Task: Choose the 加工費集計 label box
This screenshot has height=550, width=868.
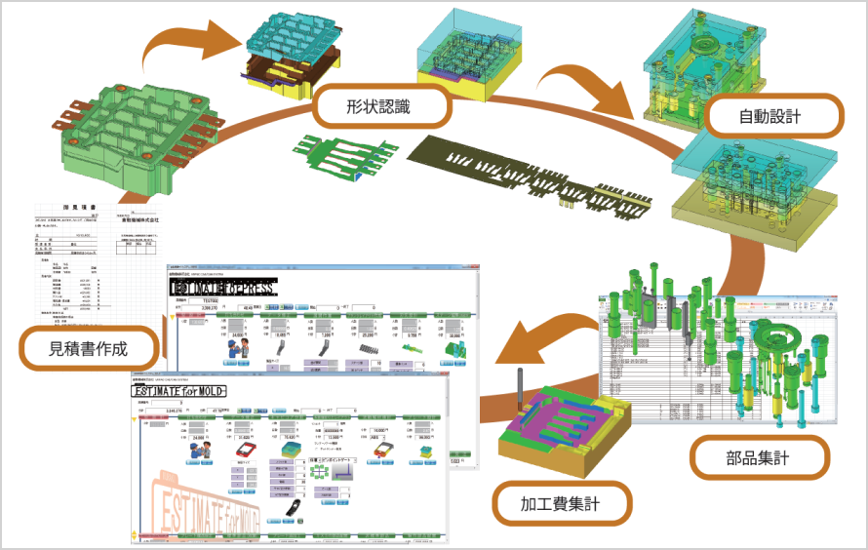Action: click(560, 504)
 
